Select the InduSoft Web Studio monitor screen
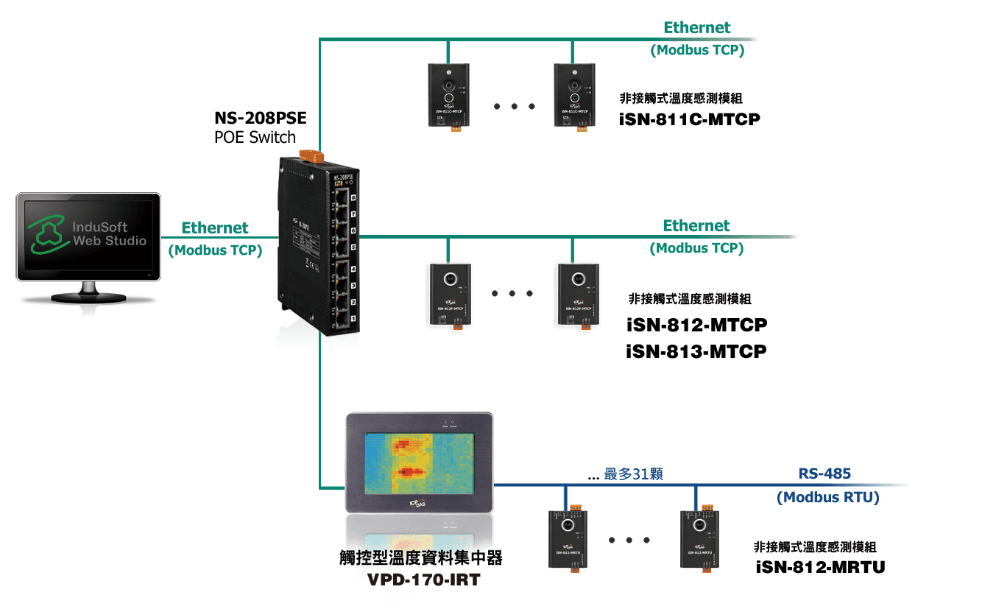pyautogui.click(x=88, y=233)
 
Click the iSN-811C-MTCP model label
pyautogui.click(x=689, y=119)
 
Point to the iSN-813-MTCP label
pyautogui.click(x=696, y=351)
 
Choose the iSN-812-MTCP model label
pyautogui.click(x=696, y=325)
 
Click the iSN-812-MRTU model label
pyautogui.click(x=820, y=567)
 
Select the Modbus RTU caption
pyautogui.click(x=827, y=498)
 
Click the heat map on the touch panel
pyautogui.click(x=418, y=462)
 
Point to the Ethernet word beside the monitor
pyautogui.click(x=215, y=228)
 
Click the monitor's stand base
pyautogui.click(x=88, y=299)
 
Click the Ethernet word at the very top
pyautogui.click(x=696, y=28)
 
